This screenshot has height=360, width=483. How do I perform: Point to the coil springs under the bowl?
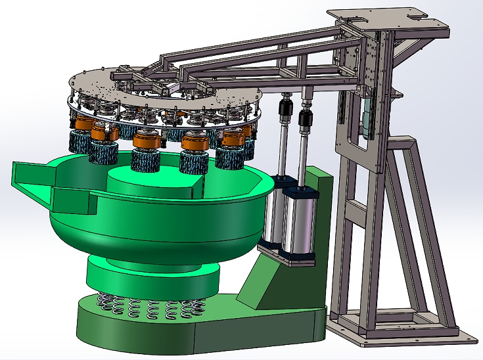[x=151, y=305]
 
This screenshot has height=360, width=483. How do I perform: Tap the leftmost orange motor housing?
[x=85, y=123]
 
